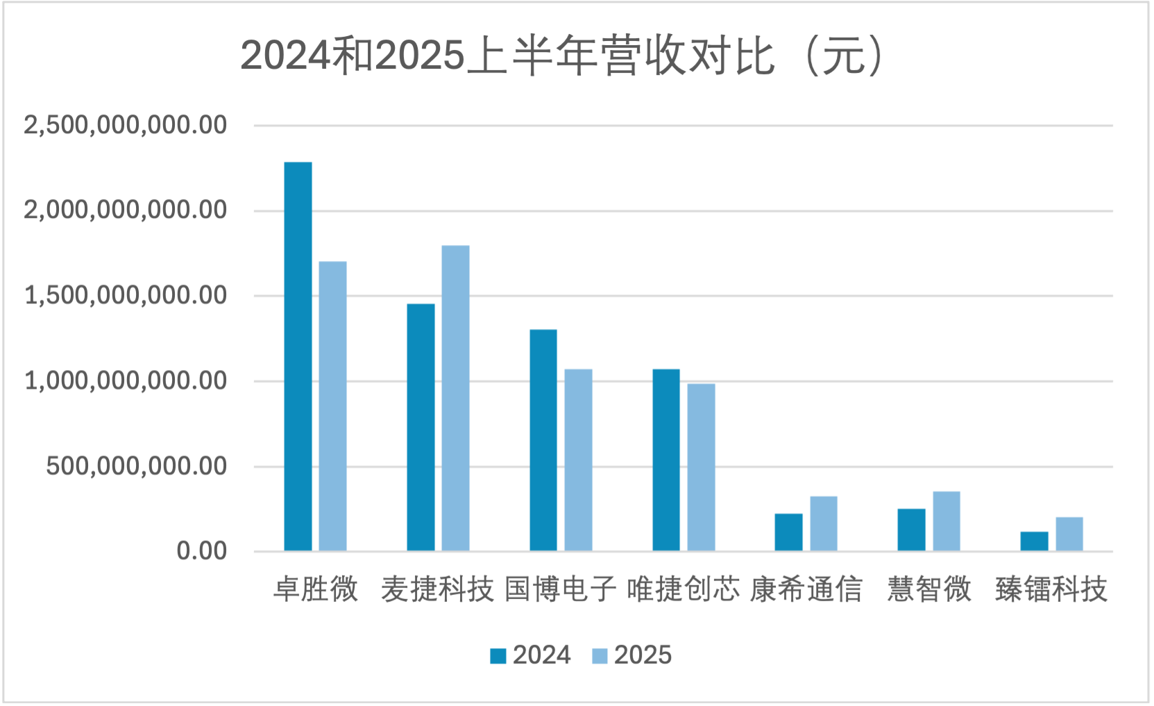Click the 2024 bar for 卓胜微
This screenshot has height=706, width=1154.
(x=298, y=357)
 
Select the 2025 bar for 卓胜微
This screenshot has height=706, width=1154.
(x=333, y=406)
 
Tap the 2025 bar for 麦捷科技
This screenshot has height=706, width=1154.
(x=456, y=398)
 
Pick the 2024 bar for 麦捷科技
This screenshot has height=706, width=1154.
(x=421, y=428)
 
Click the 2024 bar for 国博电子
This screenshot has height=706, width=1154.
(x=543, y=440)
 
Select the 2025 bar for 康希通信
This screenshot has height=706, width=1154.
(x=824, y=523)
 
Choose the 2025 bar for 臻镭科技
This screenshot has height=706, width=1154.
(x=1069, y=534)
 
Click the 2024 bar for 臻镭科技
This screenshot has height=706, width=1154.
(x=1034, y=541)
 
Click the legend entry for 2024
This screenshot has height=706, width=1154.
(x=531, y=655)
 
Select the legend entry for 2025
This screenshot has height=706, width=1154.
(x=632, y=655)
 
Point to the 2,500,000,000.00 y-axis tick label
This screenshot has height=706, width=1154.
(x=126, y=126)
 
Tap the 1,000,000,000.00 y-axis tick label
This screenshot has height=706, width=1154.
(x=126, y=381)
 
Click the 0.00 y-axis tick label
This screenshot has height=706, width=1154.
(x=202, y=551)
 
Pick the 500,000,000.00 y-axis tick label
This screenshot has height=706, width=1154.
(x=137, y=467)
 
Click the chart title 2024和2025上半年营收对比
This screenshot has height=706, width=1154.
(x=562, y=56)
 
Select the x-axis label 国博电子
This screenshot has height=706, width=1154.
(x=561, y=589)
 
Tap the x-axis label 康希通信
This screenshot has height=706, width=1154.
(x=806, y=589)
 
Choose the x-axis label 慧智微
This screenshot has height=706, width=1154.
(x=929, y=589)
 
